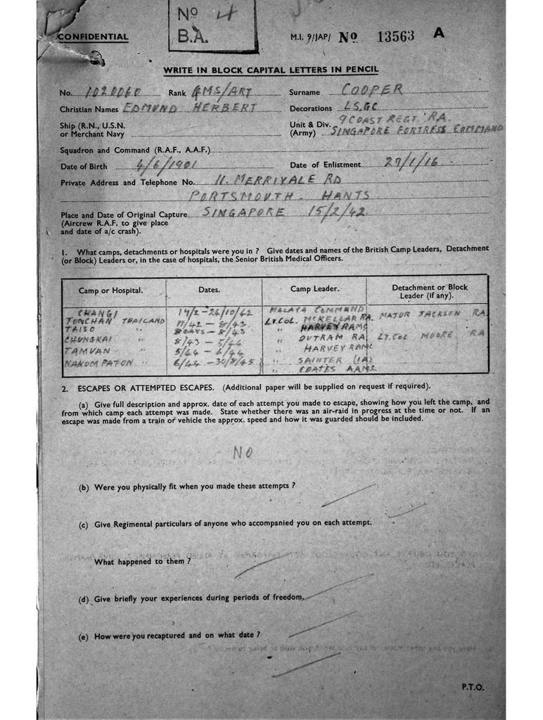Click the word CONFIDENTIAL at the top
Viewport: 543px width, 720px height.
coord(93,37)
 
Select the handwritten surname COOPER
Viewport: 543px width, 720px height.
coord(372,89)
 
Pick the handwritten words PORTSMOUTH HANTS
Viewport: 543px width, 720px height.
coord(281,196)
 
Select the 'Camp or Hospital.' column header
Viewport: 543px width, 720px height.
coord(111,290)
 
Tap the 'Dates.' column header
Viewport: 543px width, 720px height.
coord(209,290)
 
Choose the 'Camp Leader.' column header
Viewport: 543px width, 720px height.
coord(314,290)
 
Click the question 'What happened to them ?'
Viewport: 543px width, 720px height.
coord(142,561)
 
